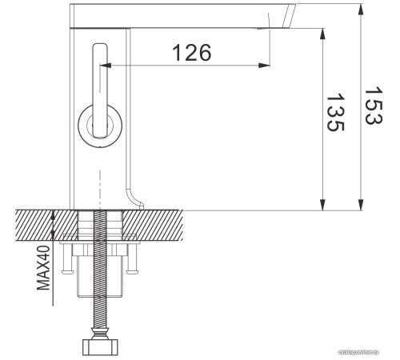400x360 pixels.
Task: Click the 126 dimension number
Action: click(x=193, y=53)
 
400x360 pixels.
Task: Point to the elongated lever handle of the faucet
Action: click(x=101, y=80)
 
